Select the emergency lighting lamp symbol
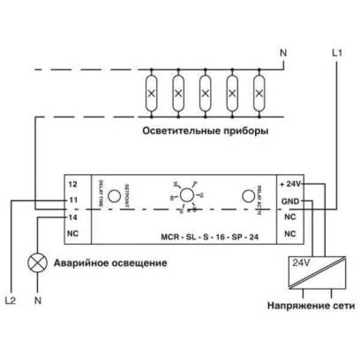pyautogui.click(x=38, y=262)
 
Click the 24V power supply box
pyautogui.click(x=317, y=271)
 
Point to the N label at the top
pyautogui.click(x=284, y=53)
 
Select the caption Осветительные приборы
pyautogui.click(x=205, y=130)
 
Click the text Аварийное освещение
pyautogui.click(x=110, y=263)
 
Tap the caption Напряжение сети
pyautogui.click(x=312, y=305)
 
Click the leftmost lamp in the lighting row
pyautogui.click(x=152, y=93)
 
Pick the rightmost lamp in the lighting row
pyautogui.click(x=259, y=93)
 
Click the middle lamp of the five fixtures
pyautogui.click(x=205, y=93)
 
